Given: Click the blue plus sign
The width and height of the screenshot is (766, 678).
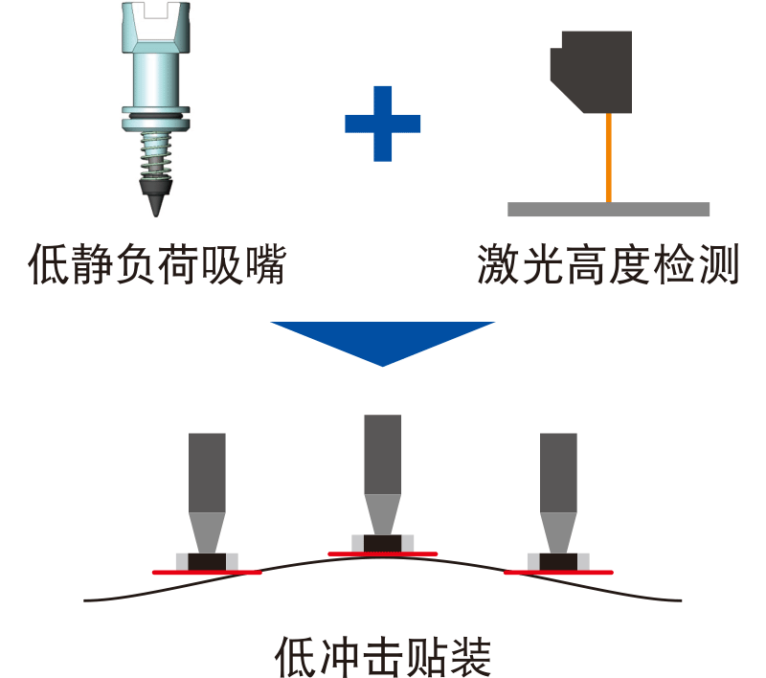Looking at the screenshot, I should tap(382, 124).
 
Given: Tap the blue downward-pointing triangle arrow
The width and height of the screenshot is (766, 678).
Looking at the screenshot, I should tap(382, 339).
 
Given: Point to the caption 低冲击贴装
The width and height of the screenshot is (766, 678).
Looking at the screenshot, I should tap(382, 656).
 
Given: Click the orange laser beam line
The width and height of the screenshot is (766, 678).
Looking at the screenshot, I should tap(608, 158).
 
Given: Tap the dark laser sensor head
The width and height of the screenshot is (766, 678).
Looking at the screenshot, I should tap(591, 71).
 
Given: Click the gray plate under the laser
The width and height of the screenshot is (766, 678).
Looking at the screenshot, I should tap(608, 209).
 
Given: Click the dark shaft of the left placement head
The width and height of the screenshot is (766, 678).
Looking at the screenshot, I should tap(207, 472).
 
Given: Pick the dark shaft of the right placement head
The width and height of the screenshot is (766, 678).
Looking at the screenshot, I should tap(558, 472).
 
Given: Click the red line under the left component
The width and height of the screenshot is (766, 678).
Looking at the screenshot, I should tap(207, 572).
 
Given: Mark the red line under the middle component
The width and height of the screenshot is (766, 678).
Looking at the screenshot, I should tap(382, 554).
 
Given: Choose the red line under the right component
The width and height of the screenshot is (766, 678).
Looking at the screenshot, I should tap(558, 572).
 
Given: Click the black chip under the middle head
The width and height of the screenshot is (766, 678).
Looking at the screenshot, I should tap(382, 543).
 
